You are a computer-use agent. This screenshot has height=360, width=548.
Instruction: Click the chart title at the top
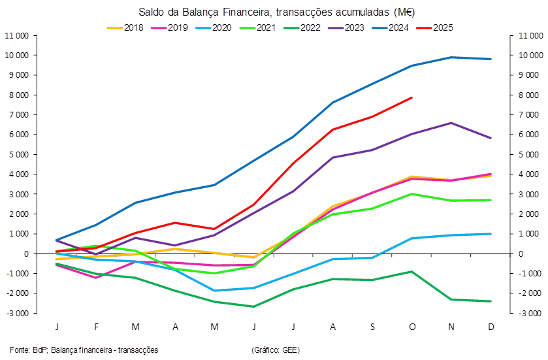[x=277, y=12]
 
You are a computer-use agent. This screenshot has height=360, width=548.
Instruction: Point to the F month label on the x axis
[x=96, y=326]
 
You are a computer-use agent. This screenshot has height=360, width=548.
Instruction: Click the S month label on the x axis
[x=372, y=326]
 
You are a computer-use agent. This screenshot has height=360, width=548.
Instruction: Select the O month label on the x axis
[x=412, y=326]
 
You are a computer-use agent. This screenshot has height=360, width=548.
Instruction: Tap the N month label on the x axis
[x=451, y=326]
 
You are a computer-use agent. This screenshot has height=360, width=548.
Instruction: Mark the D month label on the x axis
[x=491, y=326]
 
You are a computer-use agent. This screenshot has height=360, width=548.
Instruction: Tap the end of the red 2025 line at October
[x=412, y=97]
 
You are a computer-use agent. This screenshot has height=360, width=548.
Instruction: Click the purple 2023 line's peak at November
[x=451, y=122]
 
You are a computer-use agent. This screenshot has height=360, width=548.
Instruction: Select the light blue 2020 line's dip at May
[x=214, y=290]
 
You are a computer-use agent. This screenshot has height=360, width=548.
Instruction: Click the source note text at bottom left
[x=84, y=350]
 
